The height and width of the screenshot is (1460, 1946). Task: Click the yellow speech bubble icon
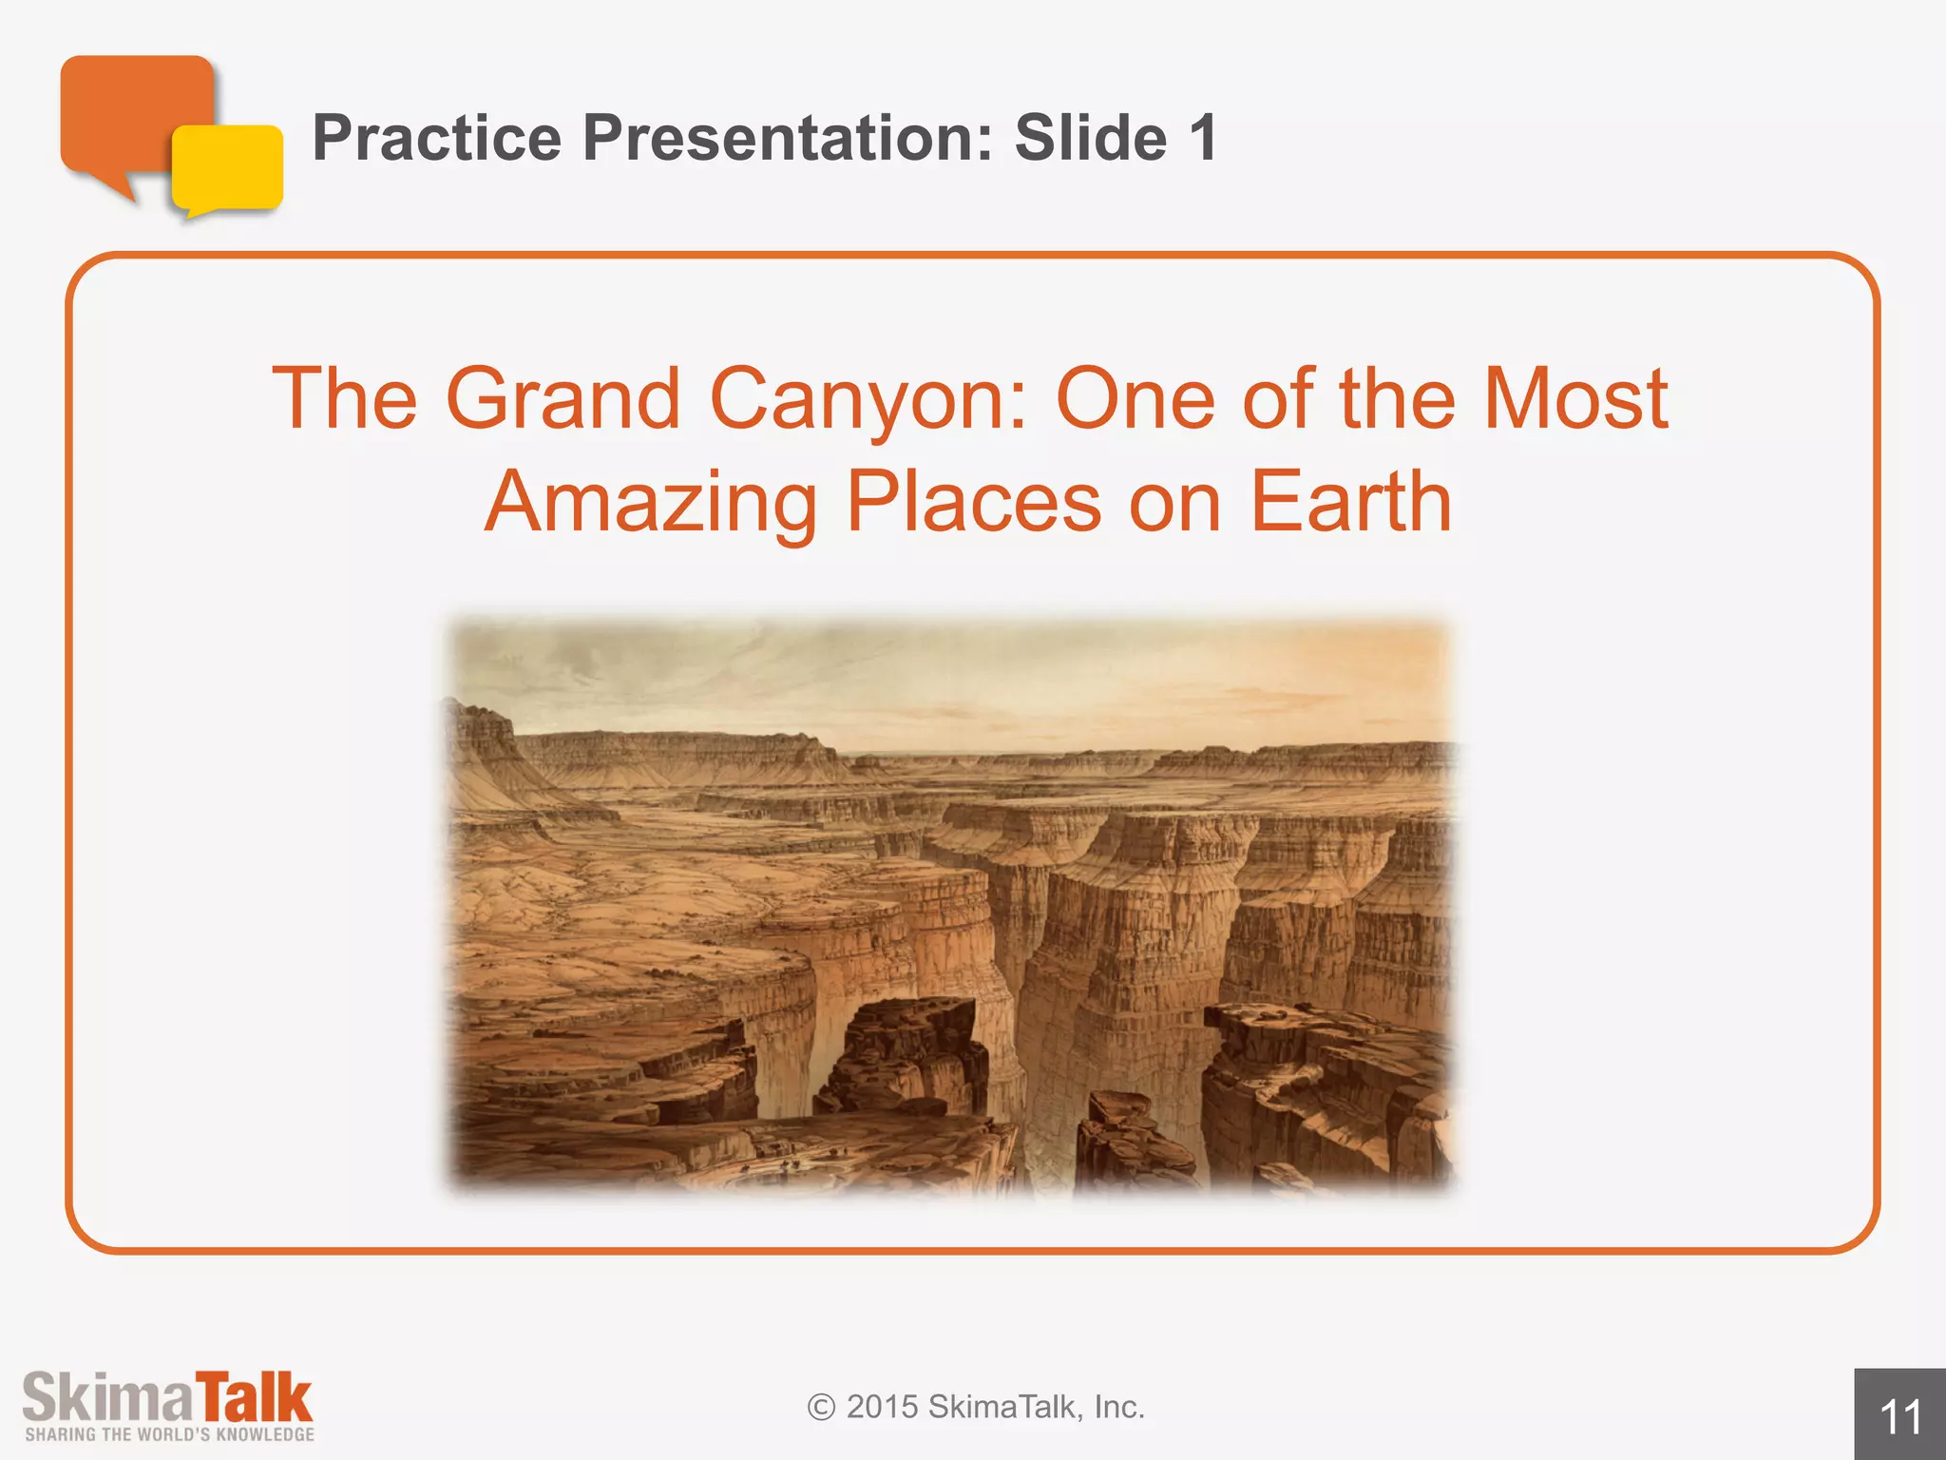[x=228, y=169]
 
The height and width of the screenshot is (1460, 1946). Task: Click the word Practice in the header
[x=436, y=139]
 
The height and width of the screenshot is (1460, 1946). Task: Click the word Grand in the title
[x=563, y=399]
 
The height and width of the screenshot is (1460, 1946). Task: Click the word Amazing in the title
[x=651, y=504]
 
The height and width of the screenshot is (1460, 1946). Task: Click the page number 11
[x=1900, y=1417]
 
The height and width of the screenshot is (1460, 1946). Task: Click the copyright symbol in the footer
[x=821, y=1407]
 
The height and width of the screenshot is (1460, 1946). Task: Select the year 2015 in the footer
[x=883, y=1407]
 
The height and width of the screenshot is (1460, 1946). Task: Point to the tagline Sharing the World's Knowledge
[x=169, y=1434]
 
